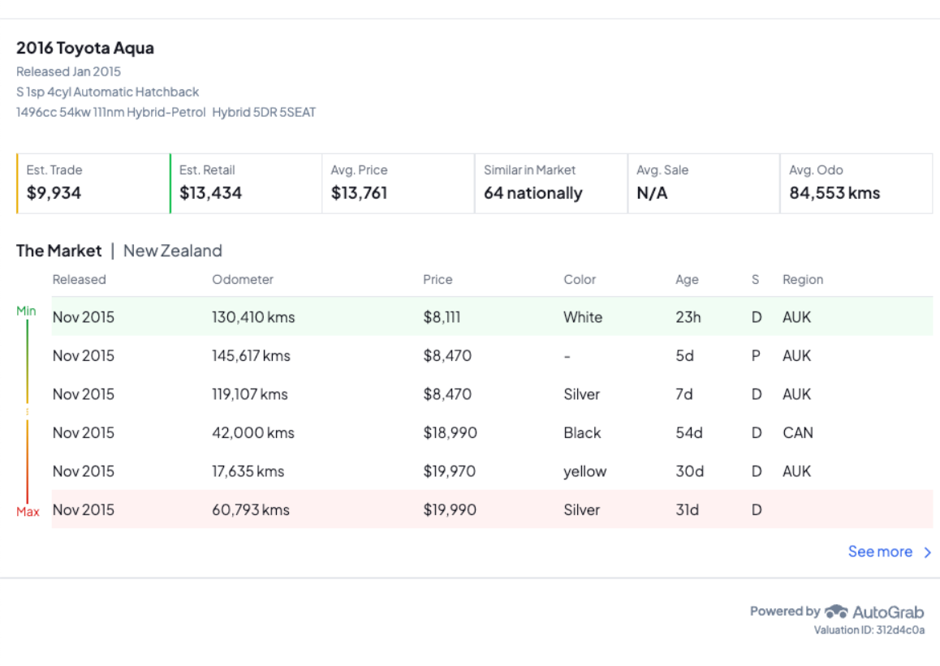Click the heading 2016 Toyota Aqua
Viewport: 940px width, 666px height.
pos(85,49)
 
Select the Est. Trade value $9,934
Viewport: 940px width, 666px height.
pos(54,193)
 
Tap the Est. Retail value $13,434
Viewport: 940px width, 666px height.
pos(210,193)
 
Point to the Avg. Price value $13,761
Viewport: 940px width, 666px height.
pos(359,193)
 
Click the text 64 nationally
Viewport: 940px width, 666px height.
pos(533,193)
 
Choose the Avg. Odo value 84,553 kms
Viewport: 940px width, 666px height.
pos(834,193)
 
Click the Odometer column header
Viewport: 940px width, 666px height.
pos(243,280)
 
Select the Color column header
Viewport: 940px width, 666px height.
pos(580,280)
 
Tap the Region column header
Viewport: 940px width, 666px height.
pos(803,280)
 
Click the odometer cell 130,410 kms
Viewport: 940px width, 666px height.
pos(253,317)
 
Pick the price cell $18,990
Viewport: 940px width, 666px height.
pos(450,433)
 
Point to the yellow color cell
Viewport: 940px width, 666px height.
pos(584,471)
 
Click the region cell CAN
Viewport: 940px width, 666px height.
pos(797,433)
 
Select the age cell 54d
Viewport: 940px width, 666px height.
pos(689,433)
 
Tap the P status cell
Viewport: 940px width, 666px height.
pos(756,356)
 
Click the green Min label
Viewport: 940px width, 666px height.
pos(26,311)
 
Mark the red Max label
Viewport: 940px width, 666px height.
pos(28,512)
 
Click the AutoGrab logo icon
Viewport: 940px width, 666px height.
pos(836,612)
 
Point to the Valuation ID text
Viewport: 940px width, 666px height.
pos(869,630)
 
